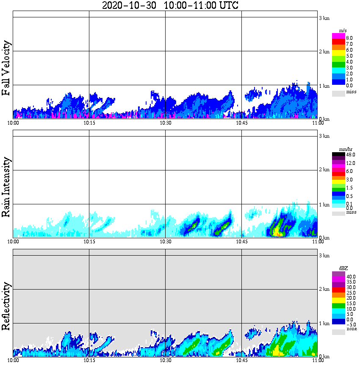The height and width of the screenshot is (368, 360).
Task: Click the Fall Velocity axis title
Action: (x=6, y=68)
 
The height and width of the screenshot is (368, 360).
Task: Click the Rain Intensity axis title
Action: (x=6, y=187)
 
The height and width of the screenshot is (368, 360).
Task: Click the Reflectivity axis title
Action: (x=6, y=305)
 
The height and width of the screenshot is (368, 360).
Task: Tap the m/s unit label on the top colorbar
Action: (x=343, y=31)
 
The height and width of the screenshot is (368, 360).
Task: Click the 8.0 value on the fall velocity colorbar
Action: (x=350, y=38)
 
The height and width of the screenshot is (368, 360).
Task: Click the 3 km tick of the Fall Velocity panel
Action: (x=324, y=18)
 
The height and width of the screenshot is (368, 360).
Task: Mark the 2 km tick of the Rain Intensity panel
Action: (x=324, y=170)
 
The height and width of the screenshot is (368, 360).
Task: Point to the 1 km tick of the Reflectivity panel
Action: (x=324, y=323)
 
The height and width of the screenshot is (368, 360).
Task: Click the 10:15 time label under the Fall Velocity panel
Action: (x=89, y=123)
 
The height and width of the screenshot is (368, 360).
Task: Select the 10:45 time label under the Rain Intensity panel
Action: (x=241, y=242)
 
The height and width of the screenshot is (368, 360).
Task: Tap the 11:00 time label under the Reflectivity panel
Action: (x=318, y=360)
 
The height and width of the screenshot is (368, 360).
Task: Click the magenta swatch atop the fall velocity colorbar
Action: (x=338, y=36)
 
